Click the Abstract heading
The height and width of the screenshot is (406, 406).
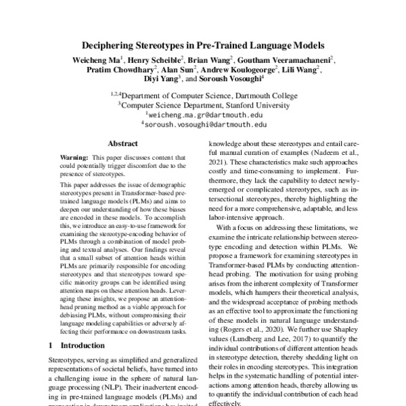pyautogui.click(x=123, y=143)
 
